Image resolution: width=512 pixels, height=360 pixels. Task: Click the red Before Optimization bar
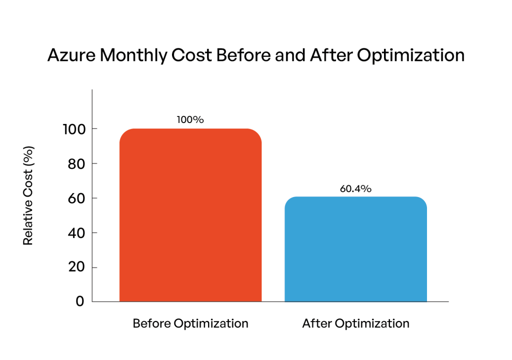190,215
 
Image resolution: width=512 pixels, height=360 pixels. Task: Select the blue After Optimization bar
355,249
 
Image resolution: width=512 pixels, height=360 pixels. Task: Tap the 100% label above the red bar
190,120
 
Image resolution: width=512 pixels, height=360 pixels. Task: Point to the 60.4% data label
355,188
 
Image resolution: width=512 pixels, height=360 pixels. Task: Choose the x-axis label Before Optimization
190,323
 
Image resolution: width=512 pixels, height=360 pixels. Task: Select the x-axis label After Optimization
355,323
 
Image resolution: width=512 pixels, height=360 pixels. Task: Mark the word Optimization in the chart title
408,55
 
